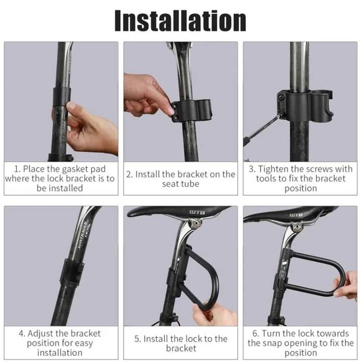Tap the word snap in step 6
pos(279,343)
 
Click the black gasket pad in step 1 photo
pos(61,96)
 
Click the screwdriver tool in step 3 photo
pos(262,129)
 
